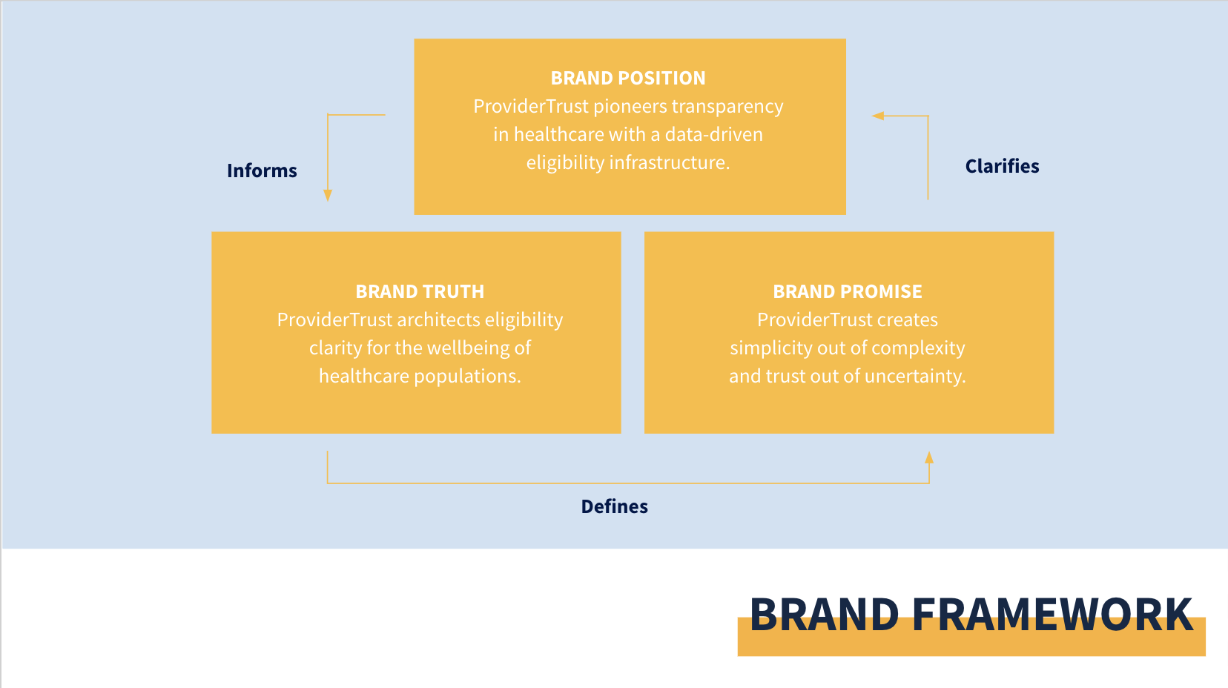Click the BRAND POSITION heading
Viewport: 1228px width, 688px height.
[627, 78]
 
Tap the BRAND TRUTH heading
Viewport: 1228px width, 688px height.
[420, 291]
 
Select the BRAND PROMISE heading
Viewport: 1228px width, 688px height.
[848, 291]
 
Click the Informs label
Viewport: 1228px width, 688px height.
[262, 171]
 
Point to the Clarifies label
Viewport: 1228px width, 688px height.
[1002, 166]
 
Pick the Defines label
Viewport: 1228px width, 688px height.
[615, 506]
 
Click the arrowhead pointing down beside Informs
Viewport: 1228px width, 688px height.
[328, 195]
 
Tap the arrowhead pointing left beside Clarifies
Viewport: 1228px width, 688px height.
[878, 116]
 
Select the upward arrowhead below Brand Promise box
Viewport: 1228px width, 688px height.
[929, 457]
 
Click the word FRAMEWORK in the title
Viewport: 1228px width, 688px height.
[1053, 615]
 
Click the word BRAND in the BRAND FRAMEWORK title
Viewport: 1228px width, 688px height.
[825, 615]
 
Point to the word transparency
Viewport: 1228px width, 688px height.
[727, 106]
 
